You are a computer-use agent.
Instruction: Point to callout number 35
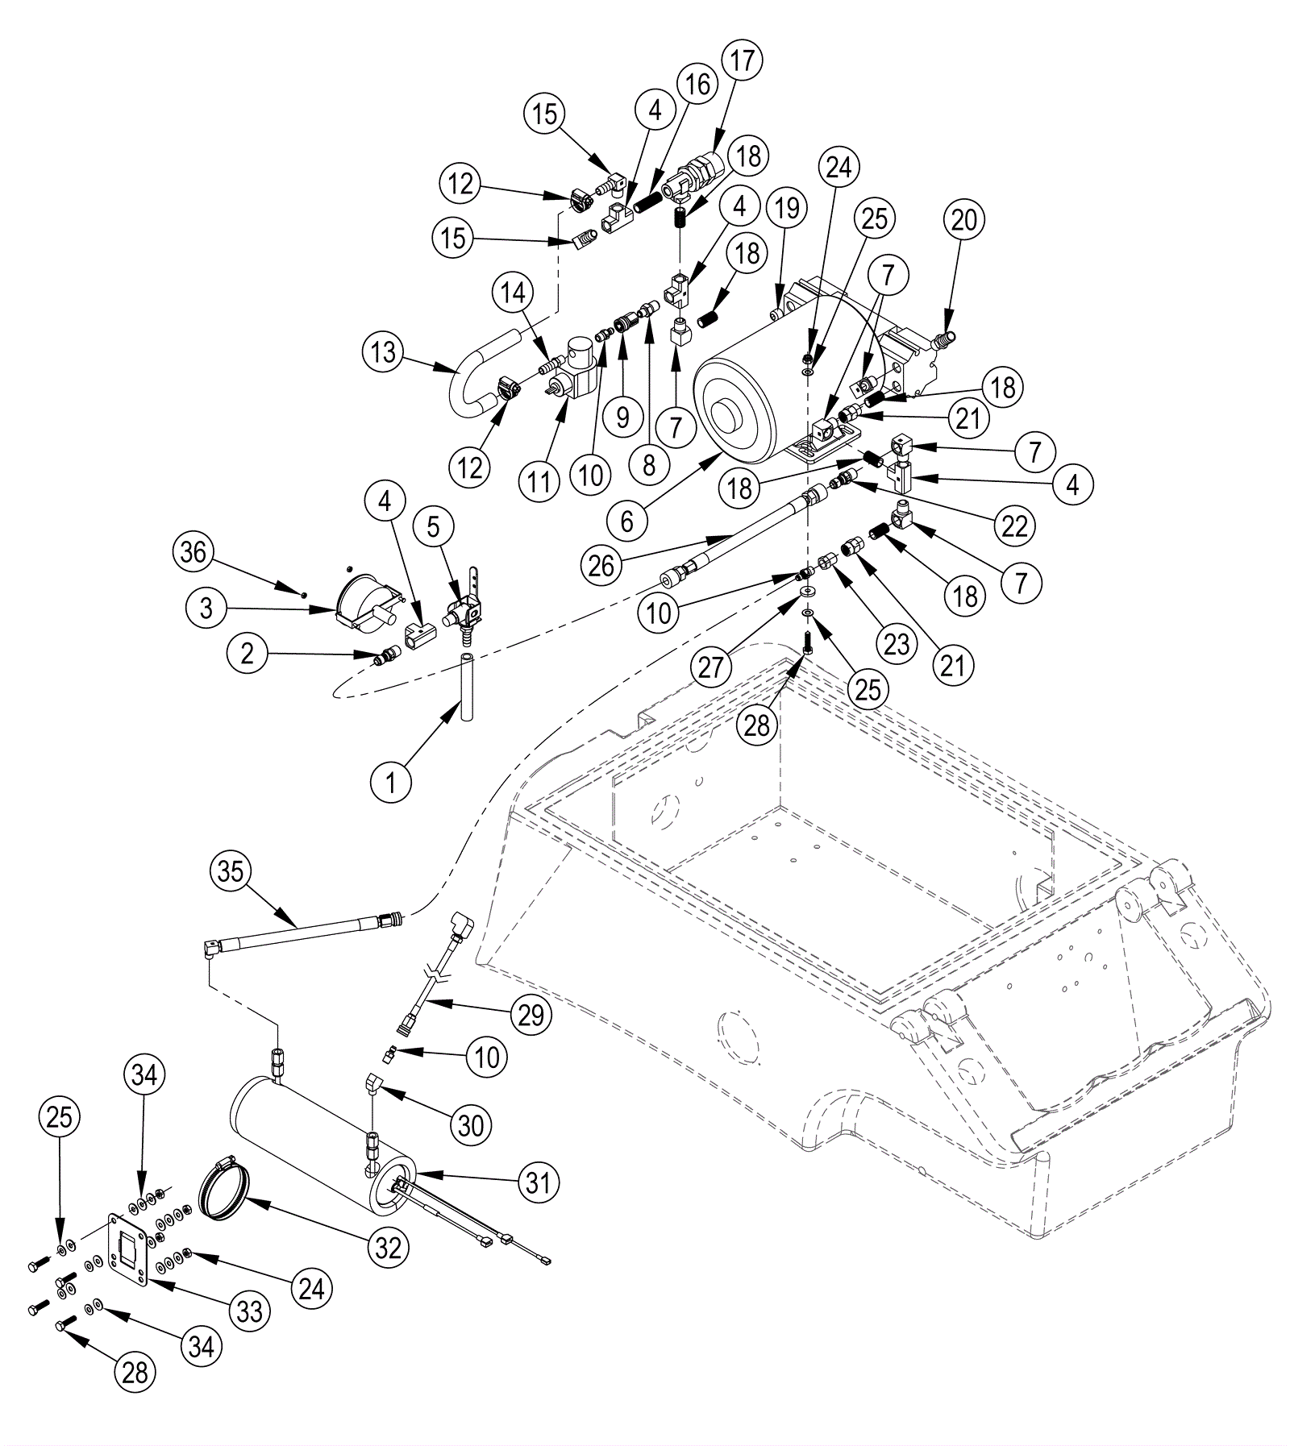tap(231, 872)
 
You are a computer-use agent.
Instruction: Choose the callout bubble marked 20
tap(964, 220)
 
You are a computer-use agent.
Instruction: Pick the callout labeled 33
tap(250, 1311)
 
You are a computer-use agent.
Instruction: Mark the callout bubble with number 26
tap(601, 567)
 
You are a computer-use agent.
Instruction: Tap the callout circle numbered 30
tap(471, 1125)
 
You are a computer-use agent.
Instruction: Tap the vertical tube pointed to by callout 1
tap(466, 688)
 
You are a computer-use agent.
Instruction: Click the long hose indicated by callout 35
tap(302, 934)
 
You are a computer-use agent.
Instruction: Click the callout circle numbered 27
tap(710, 667)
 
